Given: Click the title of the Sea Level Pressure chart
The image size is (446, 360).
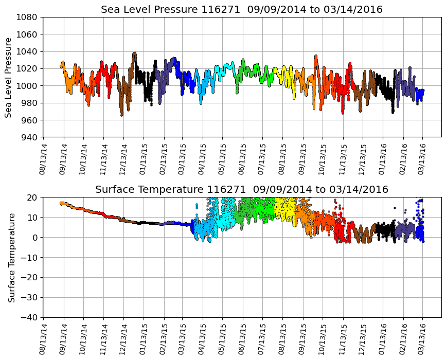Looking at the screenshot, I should pyautogui.click(x=242, y=10).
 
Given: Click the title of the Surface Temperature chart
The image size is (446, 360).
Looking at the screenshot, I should pyautogui.click(x=242, y=190).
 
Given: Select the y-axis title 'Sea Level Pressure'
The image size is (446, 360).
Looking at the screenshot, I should pyautogui.click(x=9, y=77).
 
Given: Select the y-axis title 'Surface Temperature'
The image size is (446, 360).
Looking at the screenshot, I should pyautogui.click(x=11, y=257).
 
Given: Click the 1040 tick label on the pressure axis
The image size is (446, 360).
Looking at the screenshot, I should pyautogui.click(x=27, y=51).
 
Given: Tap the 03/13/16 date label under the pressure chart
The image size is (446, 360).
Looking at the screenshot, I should pyautogui.click(x=423, y=154).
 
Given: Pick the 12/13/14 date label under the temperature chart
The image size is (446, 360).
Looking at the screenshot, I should pyautogui.click(x=123, y=338).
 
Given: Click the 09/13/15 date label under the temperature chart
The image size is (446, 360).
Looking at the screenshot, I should pyautogui.click(x=302, y=338).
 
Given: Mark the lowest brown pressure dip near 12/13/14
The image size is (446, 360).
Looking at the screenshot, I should pyautogui.click(x=122, y=115).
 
